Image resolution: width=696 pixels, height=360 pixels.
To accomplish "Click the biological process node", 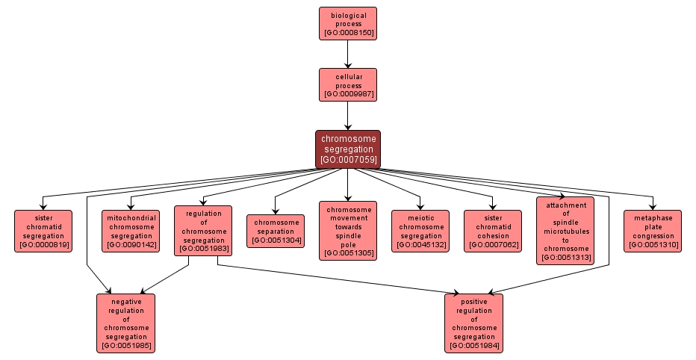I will pos(347,23).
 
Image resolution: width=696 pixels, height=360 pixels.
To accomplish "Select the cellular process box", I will pos(347,84).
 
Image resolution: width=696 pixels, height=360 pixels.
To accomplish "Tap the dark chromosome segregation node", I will pos(347,149).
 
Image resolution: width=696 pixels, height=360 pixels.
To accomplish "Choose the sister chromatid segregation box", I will pos(43,231).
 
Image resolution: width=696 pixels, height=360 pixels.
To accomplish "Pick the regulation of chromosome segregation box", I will pos(203,231).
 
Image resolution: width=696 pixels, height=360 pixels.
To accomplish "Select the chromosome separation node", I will pos(276,231).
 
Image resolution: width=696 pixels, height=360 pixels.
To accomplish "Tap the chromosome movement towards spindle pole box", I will pos(348,231).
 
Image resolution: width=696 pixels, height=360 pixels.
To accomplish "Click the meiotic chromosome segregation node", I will pos(420,231).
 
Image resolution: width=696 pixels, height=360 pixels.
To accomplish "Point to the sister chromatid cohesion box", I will pos(493,231).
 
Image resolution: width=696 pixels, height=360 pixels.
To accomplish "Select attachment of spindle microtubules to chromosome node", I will pos(565,231).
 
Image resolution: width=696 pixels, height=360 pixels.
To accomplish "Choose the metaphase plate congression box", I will pos(653,231).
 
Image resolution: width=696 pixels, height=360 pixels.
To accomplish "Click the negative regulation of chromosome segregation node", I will pos(125,323).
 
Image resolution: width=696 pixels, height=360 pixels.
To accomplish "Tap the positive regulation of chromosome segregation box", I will pos(473,323).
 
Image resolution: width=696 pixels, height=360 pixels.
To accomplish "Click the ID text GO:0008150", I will pos(348,33).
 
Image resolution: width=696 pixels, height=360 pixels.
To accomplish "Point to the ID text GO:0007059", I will pos(348,159).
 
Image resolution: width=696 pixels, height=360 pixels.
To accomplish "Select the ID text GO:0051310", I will pos(653,244).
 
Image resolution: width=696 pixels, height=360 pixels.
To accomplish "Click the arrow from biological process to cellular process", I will pos(347,54).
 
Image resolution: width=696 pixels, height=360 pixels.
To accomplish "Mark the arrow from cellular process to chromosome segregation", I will pos(347,116).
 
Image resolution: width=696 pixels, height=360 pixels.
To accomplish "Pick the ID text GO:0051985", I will pos(125,346).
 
